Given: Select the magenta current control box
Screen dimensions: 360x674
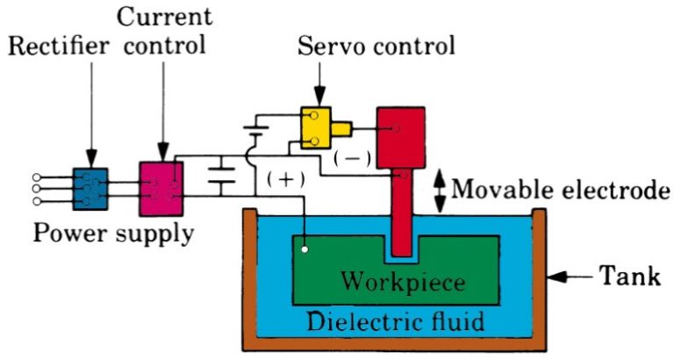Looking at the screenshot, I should [161, 188].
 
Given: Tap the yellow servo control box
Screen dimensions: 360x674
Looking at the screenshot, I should [319, 128].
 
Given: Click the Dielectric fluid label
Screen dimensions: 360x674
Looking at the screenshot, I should [395, 321].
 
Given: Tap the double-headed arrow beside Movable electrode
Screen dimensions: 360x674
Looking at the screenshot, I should [442, 190].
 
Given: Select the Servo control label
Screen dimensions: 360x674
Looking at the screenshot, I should [376, 45].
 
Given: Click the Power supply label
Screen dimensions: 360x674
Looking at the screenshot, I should [112, 234].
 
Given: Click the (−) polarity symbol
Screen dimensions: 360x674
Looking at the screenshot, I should [351, 158].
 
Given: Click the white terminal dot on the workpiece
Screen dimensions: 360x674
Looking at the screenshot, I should [304, 249].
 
